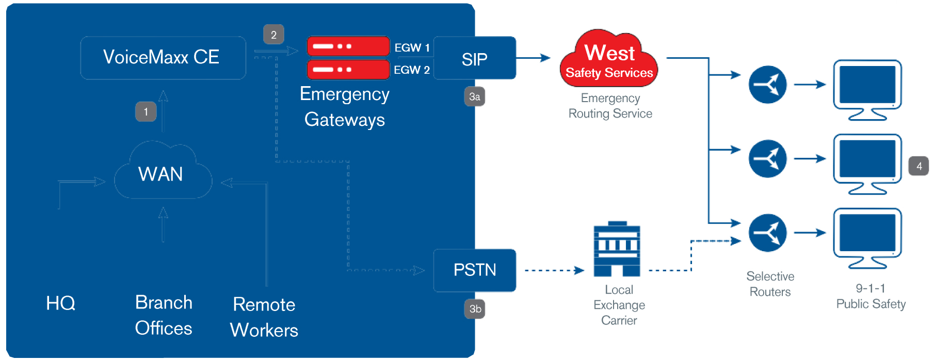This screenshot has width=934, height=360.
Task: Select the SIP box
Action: tap(474, 58)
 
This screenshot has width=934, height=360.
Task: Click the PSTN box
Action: tap(474, 270)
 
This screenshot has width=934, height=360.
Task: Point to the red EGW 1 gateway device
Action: tap(348, 46)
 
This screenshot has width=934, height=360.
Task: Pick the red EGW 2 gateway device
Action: tap(348, 69)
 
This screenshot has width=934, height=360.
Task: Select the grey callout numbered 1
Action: tap(146, 111)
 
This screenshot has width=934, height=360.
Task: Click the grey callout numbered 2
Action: tap(273, 35)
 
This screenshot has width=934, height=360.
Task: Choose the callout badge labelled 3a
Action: tap(474, 96)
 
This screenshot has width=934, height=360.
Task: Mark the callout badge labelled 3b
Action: tap(475, 309)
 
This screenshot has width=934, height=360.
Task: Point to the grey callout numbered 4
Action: tap(919, 166)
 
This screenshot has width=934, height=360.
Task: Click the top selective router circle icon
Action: tap(767, 85)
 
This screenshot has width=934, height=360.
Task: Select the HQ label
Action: tap(60, 303)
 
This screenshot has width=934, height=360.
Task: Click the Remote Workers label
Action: tap(264, 317)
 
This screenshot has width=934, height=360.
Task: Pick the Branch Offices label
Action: tap(164, 315)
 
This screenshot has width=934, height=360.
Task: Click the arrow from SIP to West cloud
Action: tap(534, 58)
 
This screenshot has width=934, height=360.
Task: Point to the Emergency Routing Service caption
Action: tap(610, 106)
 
